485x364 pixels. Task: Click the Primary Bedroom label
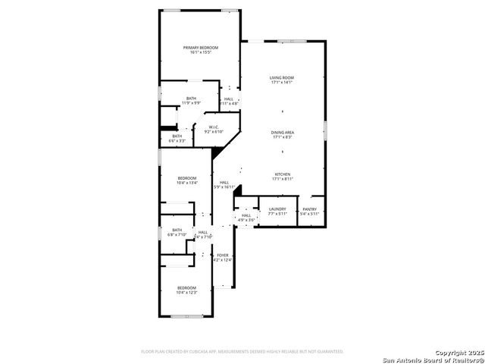200,48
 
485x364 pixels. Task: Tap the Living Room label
282,77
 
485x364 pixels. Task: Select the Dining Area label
282,133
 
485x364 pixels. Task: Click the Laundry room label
277,209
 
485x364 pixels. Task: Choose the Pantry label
310,209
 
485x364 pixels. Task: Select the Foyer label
223,255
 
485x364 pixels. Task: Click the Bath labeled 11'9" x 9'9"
192,99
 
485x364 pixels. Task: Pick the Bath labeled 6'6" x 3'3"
177,136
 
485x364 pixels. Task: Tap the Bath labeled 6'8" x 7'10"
177,230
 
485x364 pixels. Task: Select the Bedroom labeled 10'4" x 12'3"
186,287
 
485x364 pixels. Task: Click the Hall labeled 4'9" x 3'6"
246,215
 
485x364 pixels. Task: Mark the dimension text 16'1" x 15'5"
200,52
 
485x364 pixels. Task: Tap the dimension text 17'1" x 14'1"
282,82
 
